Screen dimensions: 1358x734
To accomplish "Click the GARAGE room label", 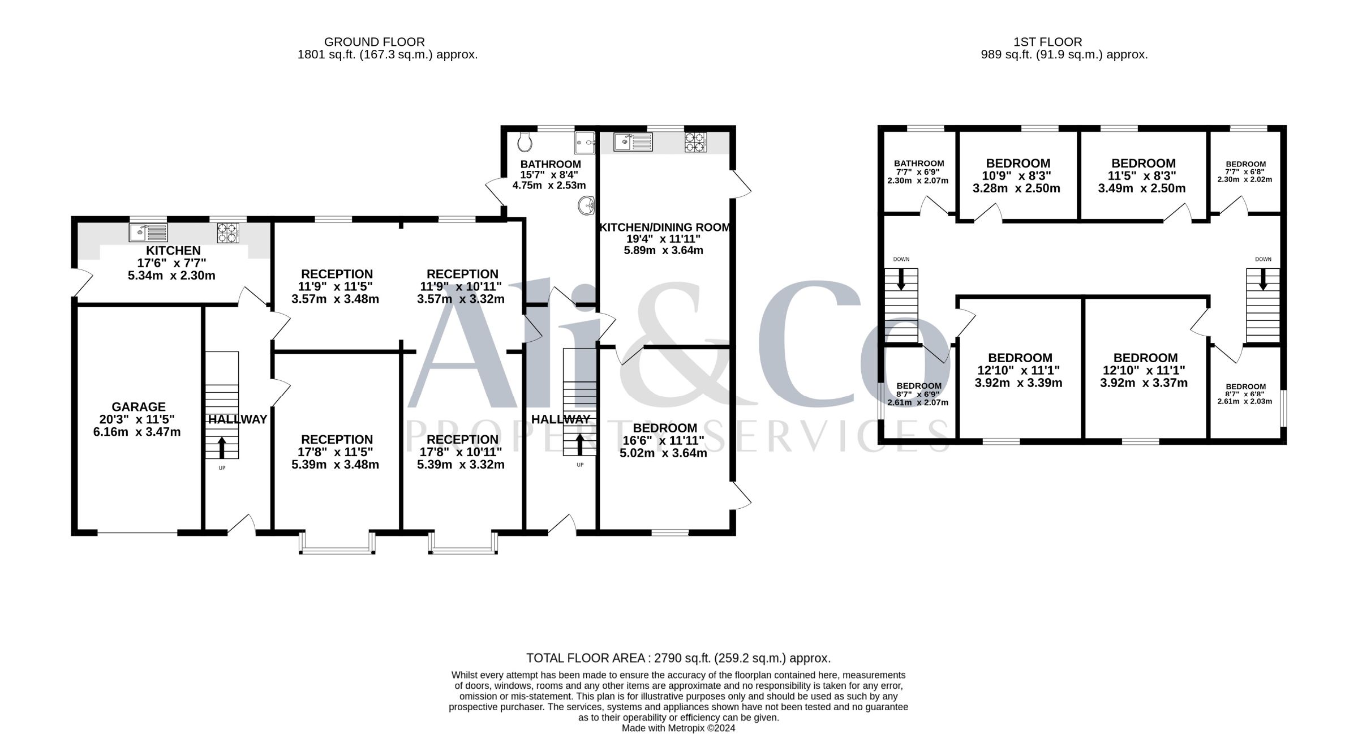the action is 139,407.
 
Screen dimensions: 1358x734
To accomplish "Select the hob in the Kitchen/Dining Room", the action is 695,141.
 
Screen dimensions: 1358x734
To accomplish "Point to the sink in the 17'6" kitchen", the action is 148,233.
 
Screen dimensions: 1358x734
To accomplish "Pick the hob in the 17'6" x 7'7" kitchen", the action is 228,233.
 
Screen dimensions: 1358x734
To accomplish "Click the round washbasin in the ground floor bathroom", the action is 586,205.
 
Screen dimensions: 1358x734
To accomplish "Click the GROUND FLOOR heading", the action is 375,42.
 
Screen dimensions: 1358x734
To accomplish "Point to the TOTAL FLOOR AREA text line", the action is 678,658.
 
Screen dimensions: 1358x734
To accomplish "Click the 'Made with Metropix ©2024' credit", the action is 678,728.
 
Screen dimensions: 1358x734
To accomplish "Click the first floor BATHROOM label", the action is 919,164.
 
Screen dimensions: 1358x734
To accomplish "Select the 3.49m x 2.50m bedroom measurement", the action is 1142,188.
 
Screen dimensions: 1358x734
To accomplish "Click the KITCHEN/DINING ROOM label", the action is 665,228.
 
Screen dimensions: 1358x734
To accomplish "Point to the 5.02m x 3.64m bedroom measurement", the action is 663,453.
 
